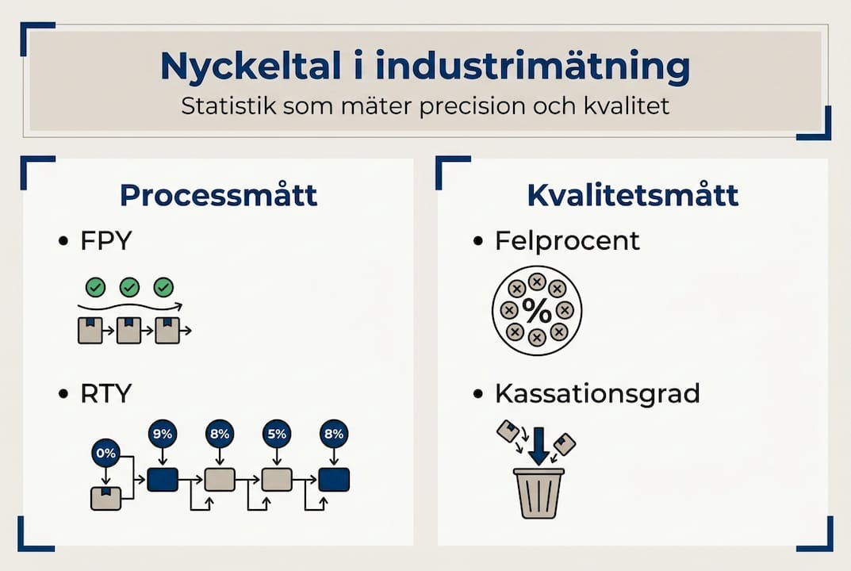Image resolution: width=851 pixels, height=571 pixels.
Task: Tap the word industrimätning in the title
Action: pos(532,67)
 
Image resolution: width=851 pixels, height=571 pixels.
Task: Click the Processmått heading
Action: pos(218,195)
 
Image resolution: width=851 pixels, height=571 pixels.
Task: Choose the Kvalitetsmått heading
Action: pos(633,195)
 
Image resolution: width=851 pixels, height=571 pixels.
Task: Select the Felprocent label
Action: pos(567,240)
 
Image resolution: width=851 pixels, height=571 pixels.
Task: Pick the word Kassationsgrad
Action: pos(597,393)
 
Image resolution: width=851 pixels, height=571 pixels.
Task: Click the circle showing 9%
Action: pos(163,434)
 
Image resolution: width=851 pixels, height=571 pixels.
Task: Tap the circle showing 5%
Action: pos(277,434)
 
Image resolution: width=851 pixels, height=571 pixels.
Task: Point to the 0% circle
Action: pos(105,454)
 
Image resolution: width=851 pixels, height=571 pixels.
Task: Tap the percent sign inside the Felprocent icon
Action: pos(537,311)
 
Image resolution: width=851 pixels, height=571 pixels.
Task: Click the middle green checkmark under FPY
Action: pos(129,287)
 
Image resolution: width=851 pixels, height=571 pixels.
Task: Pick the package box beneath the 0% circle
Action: pos(106,498)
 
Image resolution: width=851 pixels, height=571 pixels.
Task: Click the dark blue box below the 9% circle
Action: pos(163,479)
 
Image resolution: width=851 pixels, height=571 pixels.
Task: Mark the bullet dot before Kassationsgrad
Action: pos(477,393)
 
